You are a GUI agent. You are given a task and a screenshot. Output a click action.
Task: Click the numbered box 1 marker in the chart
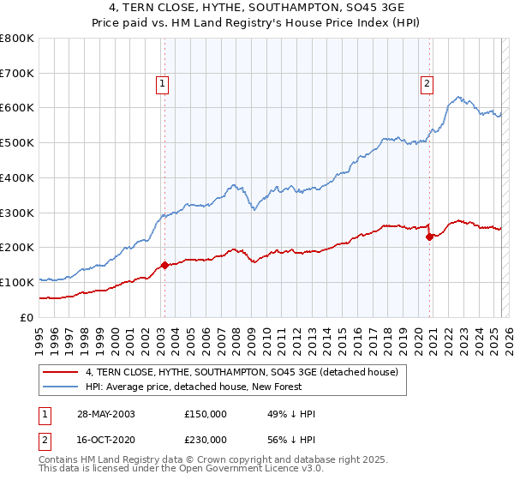(x=162, y=83)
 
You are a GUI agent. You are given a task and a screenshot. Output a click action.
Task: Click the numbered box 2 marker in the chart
(x=427, y=83)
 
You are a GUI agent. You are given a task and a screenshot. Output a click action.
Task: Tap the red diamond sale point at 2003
(x=164, y=265)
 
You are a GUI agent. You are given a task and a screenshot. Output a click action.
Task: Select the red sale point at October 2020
(x=429, y=237)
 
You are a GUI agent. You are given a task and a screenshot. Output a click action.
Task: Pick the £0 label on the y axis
(x=27, y=317)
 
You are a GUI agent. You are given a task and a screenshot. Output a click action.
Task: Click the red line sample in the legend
(x=60, y=373)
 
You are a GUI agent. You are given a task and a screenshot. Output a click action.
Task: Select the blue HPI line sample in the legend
(x=60, y=387)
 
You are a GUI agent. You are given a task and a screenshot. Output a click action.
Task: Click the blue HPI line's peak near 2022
(x=459, y=97)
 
